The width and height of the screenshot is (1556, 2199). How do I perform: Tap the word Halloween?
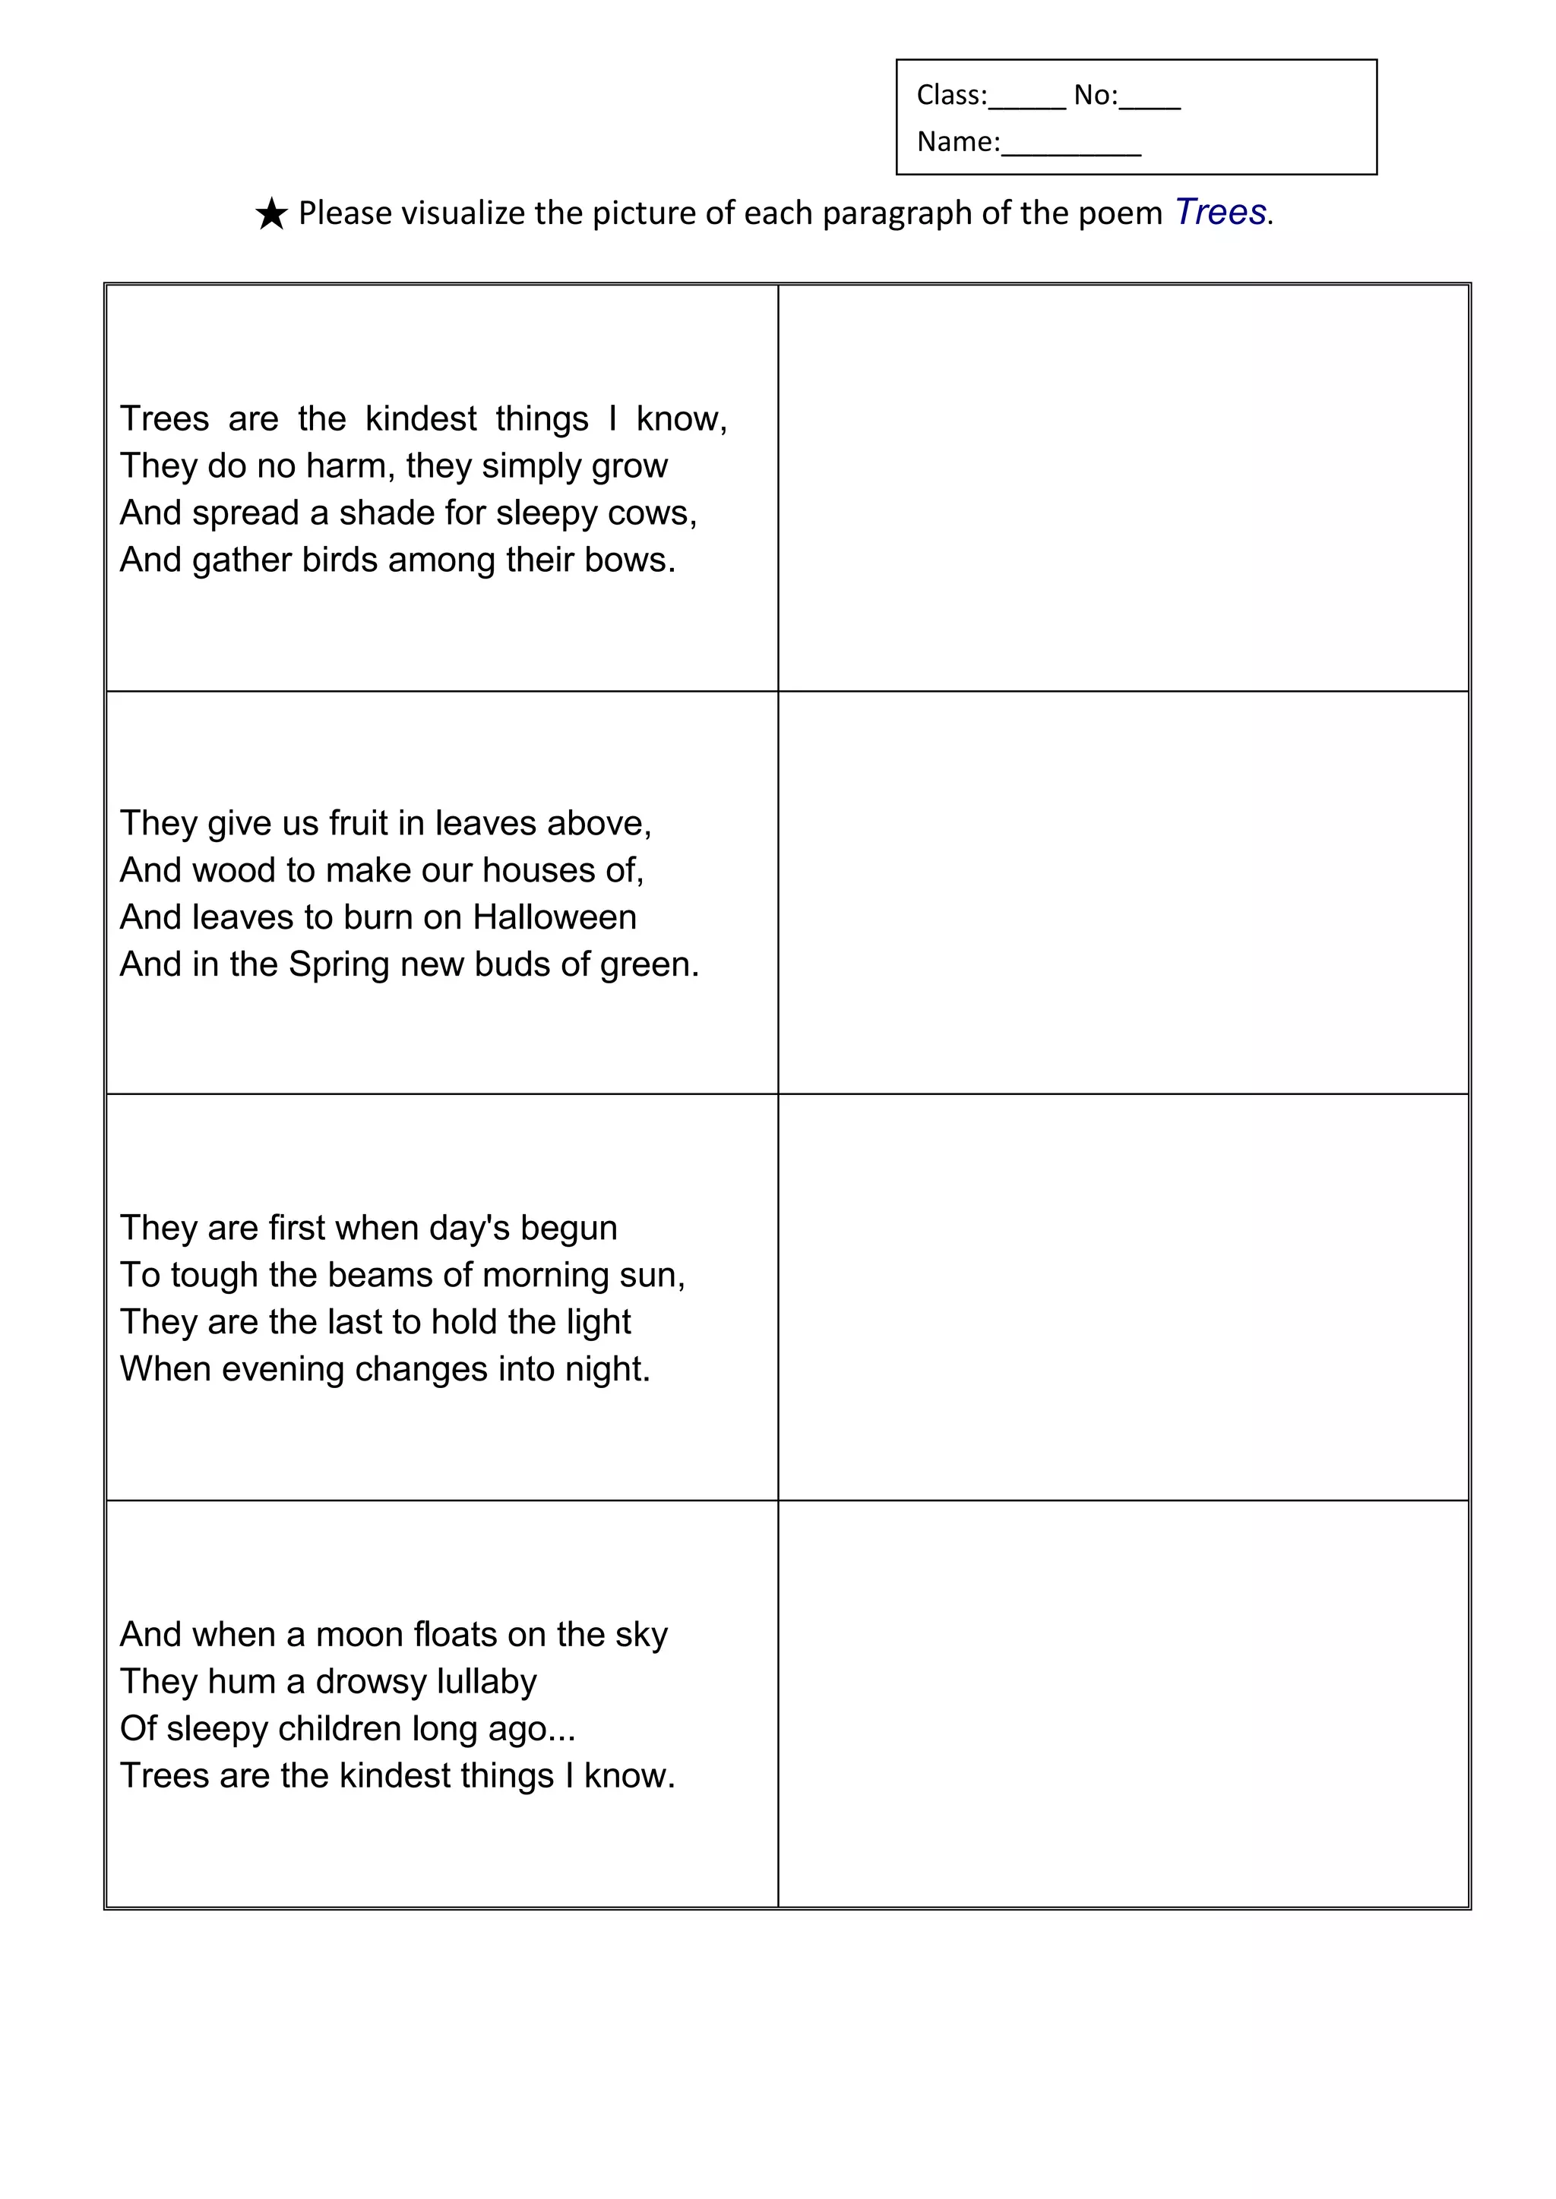click(x=554, y=917)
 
